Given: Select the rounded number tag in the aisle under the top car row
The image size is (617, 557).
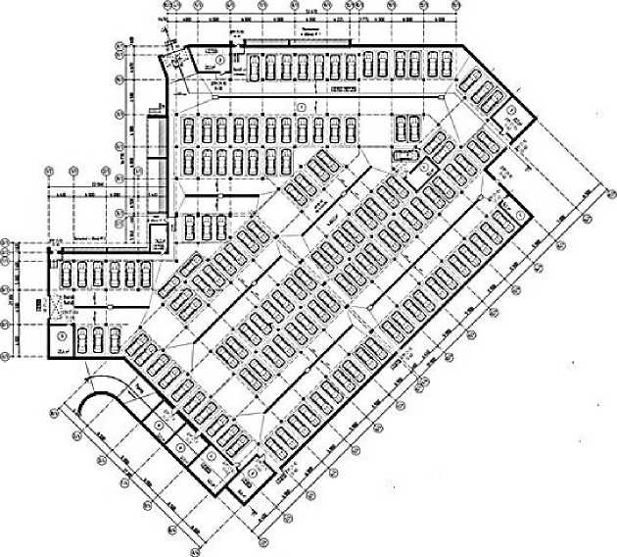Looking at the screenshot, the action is [x=303, y=105].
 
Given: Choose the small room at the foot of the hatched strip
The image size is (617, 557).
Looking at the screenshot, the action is [x=156, y=235].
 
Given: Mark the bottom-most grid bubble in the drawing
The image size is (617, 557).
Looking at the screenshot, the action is [x=263, y=540].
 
